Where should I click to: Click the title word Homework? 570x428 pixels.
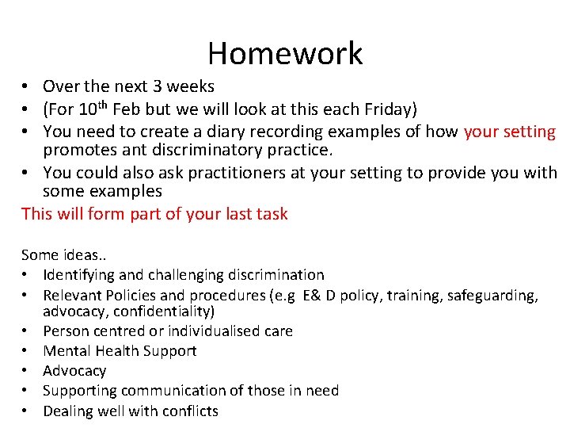click(x=285, y=53)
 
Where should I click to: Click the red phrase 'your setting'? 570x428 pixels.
click(x=510, y=131)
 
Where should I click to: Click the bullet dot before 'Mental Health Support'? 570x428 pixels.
click(x=26, y=351)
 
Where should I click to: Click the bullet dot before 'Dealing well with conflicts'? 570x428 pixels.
click(x=26, y=411)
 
